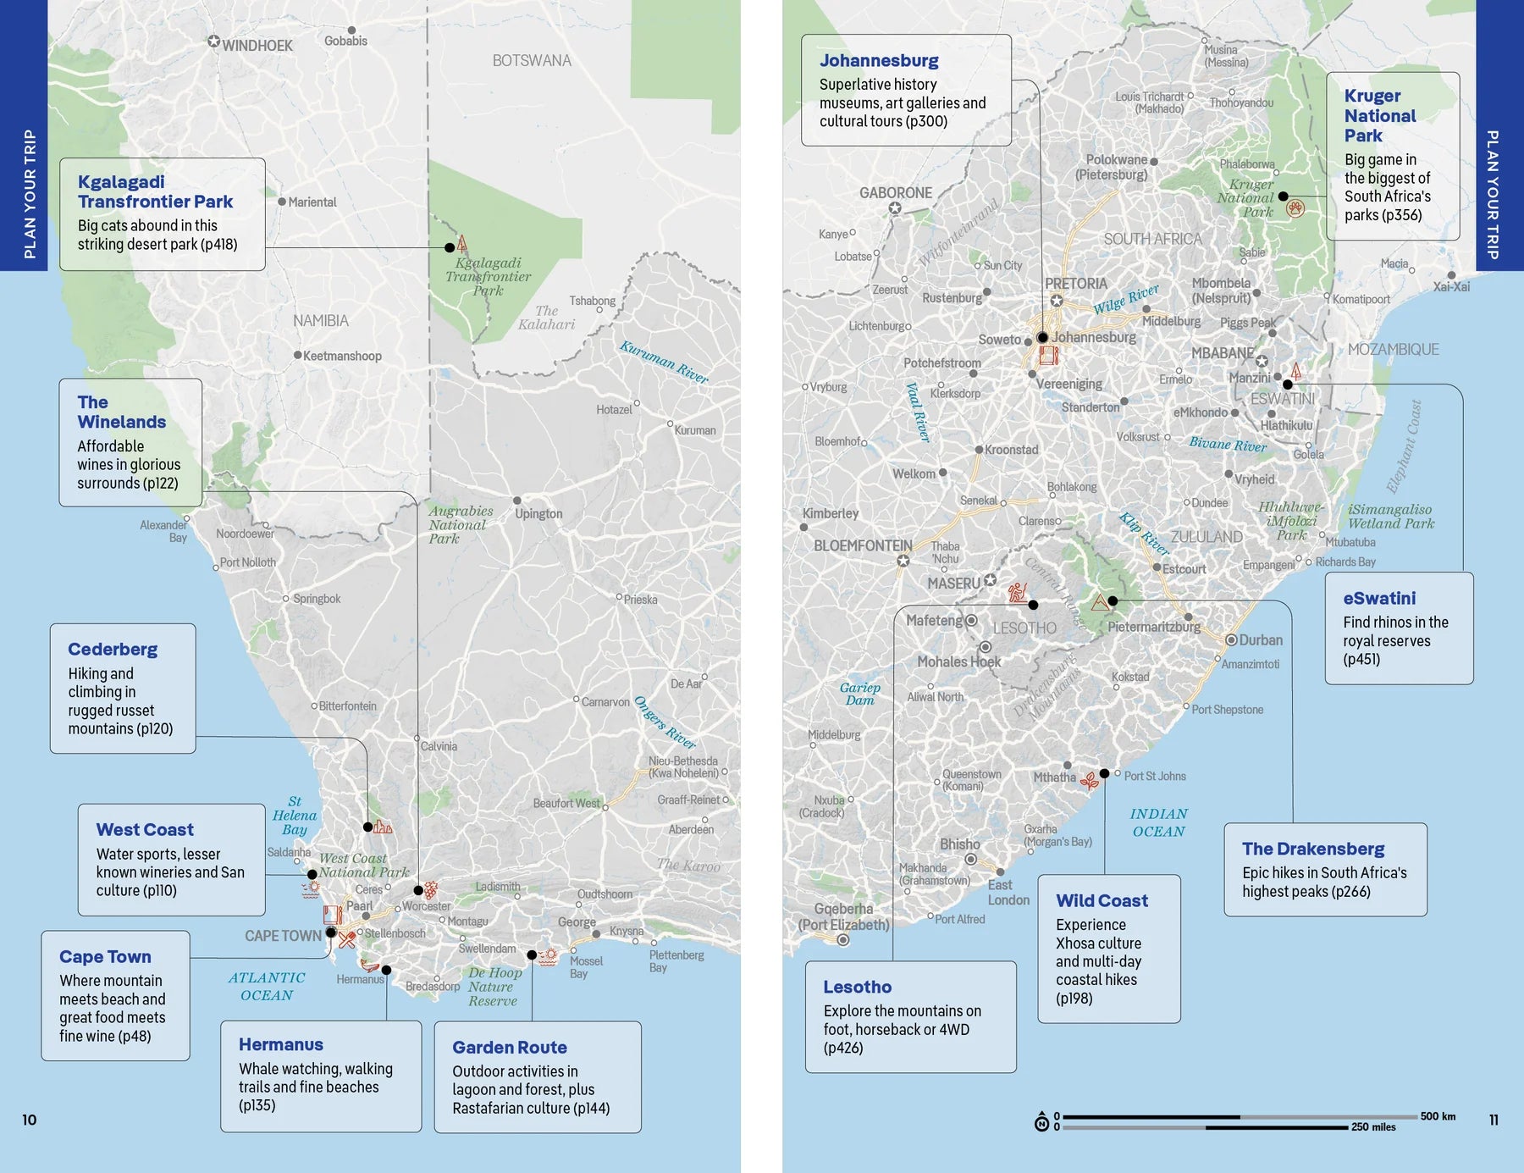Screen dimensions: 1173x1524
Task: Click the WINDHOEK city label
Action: [257, 46]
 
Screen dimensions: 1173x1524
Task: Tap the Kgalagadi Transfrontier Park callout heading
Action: [155, 191]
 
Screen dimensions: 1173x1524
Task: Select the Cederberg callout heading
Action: [113, 649]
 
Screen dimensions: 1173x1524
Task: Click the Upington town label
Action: [538, 513]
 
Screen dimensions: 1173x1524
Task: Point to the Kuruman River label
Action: [664, 362]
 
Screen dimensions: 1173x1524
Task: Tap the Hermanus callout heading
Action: [280, 1044]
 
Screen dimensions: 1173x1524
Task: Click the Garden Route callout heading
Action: [509, 1047]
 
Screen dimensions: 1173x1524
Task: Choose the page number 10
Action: [30, 1120]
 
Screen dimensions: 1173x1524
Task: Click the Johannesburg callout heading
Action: [879, 60]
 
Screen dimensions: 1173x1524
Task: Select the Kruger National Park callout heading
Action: [1379, 115]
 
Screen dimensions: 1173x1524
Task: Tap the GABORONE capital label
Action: [895, 193]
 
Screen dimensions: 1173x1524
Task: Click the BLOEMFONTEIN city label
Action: [863, 546]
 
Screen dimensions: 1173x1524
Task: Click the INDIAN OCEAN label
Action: [1158, 822]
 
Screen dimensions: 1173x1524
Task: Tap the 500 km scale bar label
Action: [1438, 1116]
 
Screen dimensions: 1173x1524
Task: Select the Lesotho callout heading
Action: [857, 987]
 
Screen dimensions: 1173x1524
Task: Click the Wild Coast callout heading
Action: [1102, 900]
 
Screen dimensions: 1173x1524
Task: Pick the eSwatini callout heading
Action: [1378, 598]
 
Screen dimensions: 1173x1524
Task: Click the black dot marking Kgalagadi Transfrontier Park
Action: [450, 247]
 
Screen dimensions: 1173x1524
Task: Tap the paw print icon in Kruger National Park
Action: [1295, 208]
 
